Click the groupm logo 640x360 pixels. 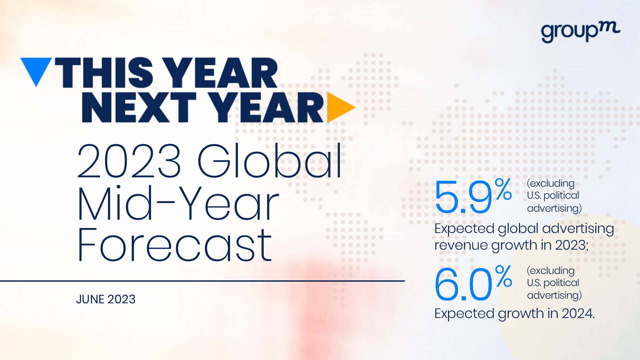[580, 32]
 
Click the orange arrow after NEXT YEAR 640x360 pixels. [340, 107]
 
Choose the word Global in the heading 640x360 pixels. [270, 161]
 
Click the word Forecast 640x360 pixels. [175, 245]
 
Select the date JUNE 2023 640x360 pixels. [106, 299]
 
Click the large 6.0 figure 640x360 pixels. [463, 284]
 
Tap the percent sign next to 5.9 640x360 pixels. [503, 189]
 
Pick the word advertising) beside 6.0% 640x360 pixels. [554, 295]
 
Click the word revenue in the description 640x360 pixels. [461, 245]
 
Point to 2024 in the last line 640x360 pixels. [578, 313]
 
